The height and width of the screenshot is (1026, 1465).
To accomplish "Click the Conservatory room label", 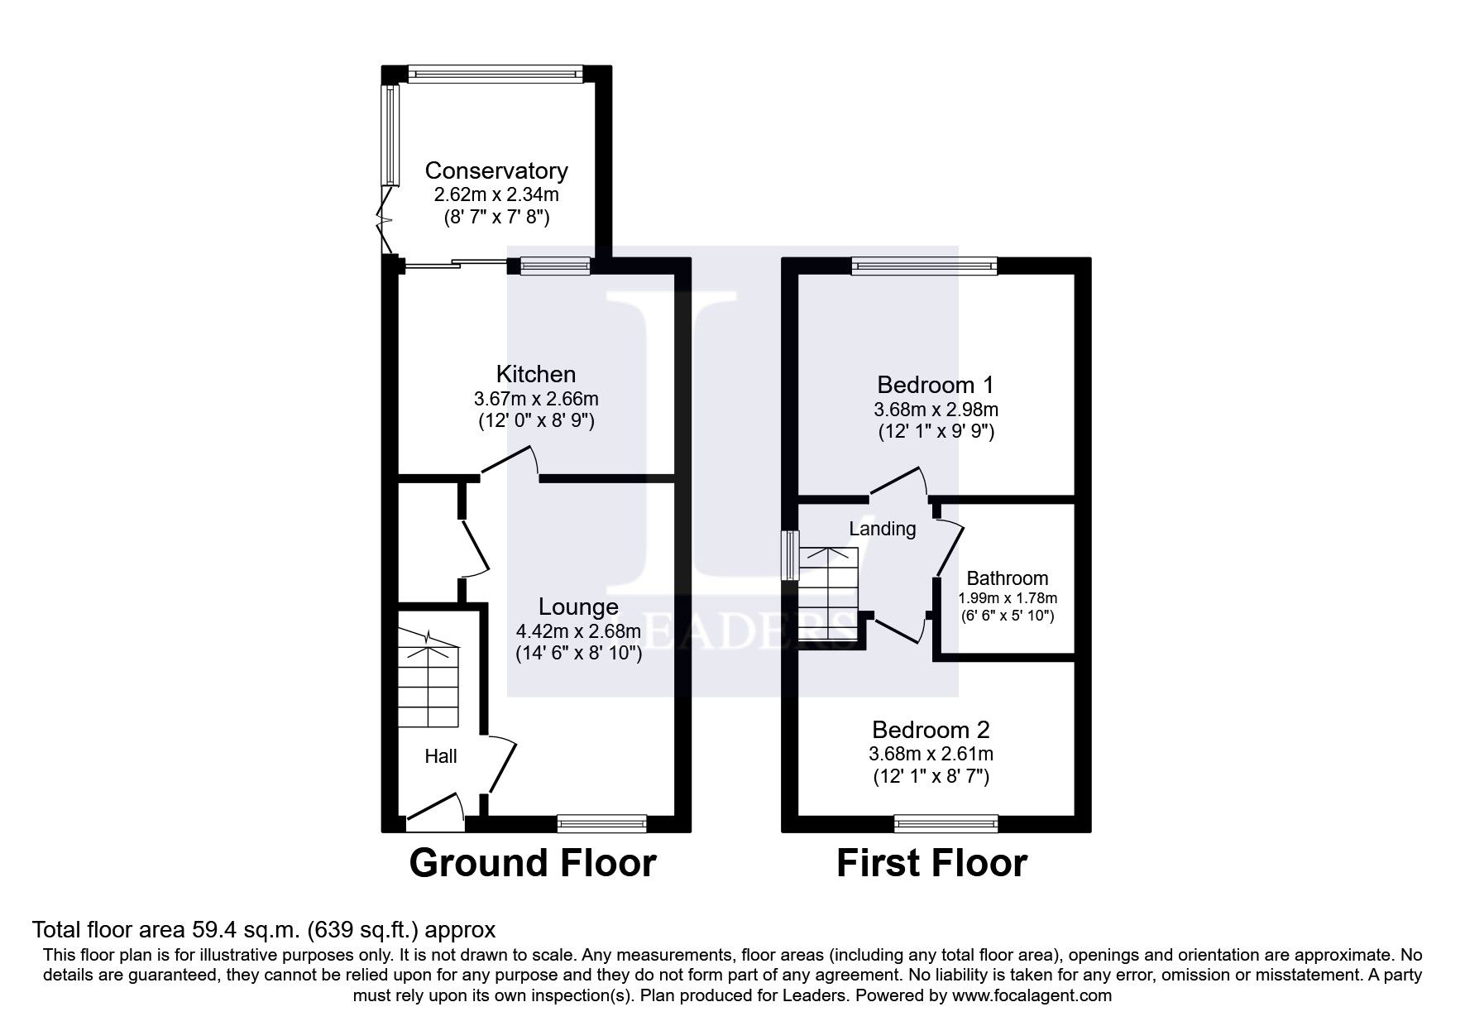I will point(496,170).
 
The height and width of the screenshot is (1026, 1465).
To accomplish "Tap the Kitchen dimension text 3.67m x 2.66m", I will point(536,398).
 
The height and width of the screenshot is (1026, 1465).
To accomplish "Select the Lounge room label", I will point(578,606).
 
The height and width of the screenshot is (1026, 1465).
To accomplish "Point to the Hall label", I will point(440,755).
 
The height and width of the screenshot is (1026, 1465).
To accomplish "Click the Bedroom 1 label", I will point(935,385).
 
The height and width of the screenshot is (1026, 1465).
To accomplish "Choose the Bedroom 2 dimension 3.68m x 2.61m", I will point(931,754).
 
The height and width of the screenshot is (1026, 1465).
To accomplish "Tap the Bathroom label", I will point(1007,578).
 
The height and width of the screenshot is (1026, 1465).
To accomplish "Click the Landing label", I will point(883,529).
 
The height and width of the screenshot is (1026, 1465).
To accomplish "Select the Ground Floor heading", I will point(532,863).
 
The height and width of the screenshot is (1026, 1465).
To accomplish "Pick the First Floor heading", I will point(931,863).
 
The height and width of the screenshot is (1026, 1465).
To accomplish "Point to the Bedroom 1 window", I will point(924,266).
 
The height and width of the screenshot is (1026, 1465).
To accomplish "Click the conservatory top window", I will point(495,74).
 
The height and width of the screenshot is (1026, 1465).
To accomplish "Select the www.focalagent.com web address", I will point(1031,995).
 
